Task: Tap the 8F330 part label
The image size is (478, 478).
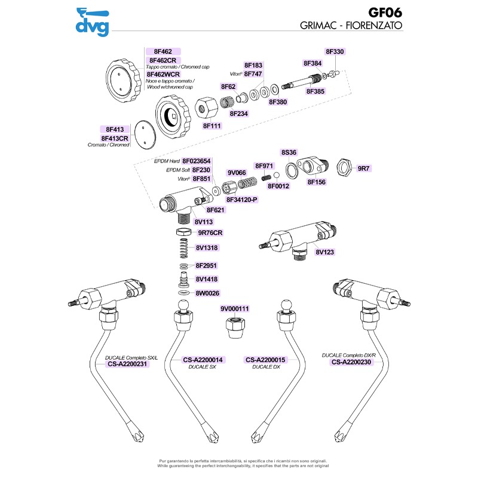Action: point(335,52)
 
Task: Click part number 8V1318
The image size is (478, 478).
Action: point(207,247)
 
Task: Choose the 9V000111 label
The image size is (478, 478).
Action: point(234,309)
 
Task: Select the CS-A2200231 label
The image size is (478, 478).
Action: point(127,363)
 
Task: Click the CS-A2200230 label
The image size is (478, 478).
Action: point(351,361)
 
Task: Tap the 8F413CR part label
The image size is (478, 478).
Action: point(115,138)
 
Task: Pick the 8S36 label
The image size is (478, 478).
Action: point(289,152)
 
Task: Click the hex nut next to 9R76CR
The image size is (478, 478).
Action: point(184,231)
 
